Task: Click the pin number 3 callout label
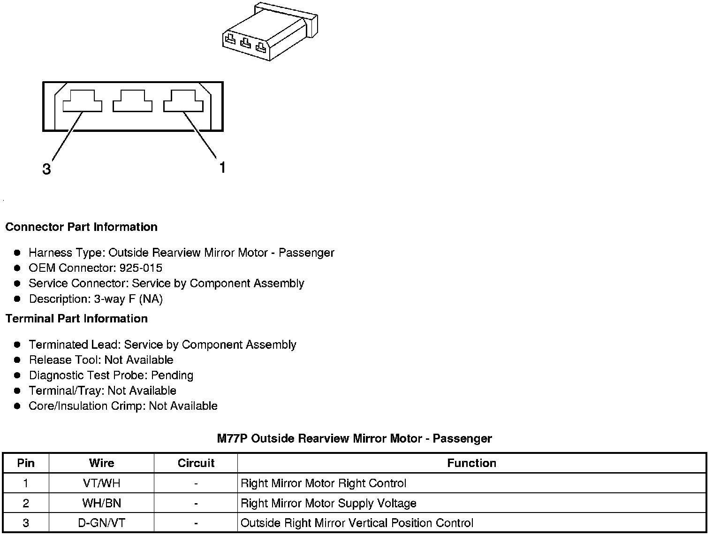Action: click(x=46, y=169)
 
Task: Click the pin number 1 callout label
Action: click(x=222, y=167)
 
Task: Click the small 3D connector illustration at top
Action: click(x=269, y=31)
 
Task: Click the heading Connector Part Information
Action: click(x=81, y=227)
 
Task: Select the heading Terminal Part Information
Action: click(x=76, y=319)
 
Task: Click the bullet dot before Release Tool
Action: click(x=17, y=360)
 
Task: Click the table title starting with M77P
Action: click(x=354, y=439)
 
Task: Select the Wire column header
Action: click(x=101, y=463)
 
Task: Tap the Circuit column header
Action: click(x=196, y=463)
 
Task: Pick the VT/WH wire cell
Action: click(x=101, y=483)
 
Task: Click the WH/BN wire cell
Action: click(x=101, y=504)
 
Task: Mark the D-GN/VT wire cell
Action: click(x=101, y=523)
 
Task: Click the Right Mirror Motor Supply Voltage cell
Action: click(x=328, y=504)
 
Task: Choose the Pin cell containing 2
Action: click(x=26, y=504)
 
